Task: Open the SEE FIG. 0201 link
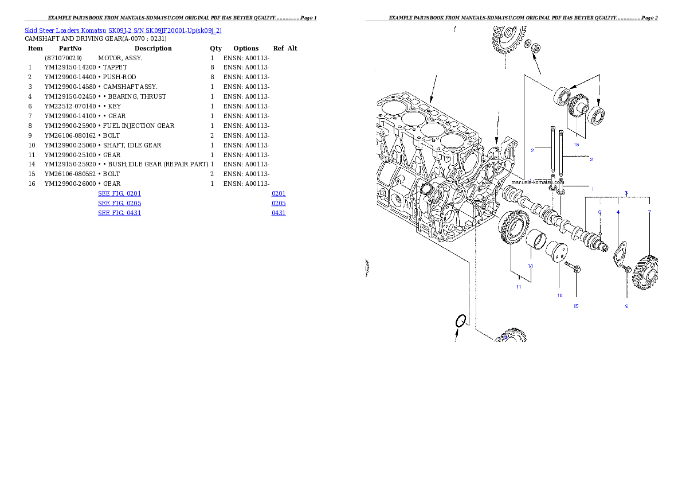[119, 194]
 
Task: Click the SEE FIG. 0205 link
[119, 203]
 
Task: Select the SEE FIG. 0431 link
[119, 213]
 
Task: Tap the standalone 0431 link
[279, 213]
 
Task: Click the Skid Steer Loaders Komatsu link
[123, 30]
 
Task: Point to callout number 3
[626, 193]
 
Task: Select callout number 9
[626, 306]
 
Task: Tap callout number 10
[560, 295]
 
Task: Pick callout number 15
[576, 306]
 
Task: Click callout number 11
[518, 287]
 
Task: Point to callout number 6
[599, 212]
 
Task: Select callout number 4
[618, 212]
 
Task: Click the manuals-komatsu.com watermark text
[538, 182]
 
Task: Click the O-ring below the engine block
[460, 322]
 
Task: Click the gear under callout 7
[645, 273]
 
